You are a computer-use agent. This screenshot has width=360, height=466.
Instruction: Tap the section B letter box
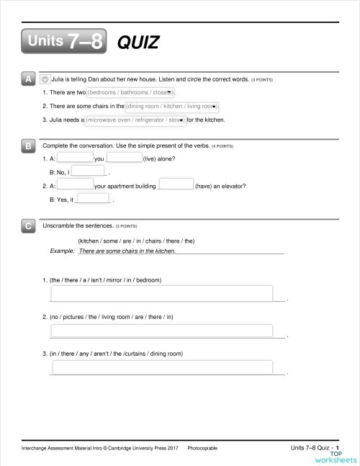pos(28,145)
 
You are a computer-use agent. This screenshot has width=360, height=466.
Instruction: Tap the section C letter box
pos(28,226)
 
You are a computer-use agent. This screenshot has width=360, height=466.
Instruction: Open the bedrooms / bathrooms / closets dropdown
pos(130,93)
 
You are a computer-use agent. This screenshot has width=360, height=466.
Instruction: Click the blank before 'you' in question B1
pos(75,158)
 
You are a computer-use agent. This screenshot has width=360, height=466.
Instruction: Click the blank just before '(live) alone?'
pos(124,158)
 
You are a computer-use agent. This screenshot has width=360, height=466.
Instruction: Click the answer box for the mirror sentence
pos(162,293)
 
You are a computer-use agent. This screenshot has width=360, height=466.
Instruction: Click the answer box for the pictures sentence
pos(162,331)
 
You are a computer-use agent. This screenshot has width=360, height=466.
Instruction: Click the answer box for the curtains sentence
pos(162,367)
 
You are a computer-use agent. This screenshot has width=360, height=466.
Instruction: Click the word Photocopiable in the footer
pos(203,448)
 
